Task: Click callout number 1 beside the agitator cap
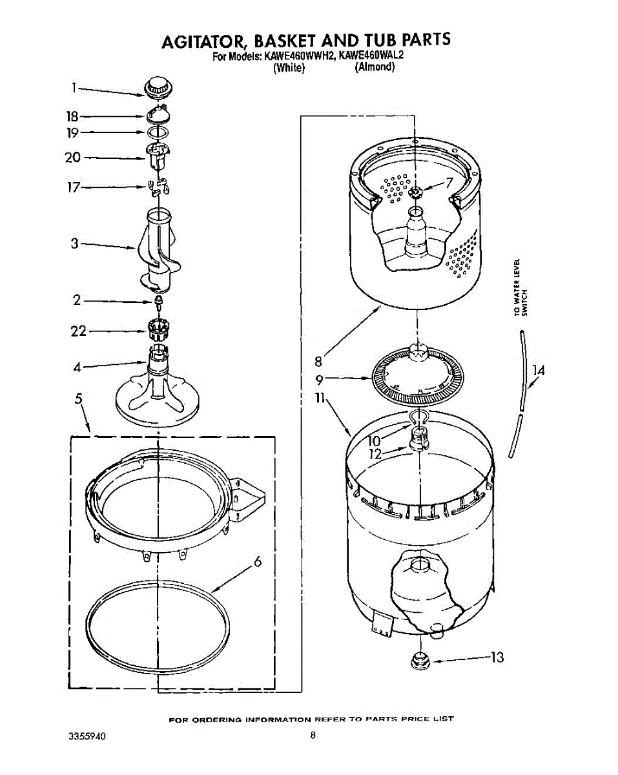(74, 87)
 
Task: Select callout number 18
(72, 116)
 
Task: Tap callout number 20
(73, 158)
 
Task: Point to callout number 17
(74, 187)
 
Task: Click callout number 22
(79, 331)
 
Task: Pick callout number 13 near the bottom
(497, 657)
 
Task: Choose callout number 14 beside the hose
(539, 371)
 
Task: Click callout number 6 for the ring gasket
(257, 562)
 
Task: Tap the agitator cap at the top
(158, 87)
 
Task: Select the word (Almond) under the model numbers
(375, 67)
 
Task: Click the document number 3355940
(87, 736)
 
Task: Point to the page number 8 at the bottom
(313, 734)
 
